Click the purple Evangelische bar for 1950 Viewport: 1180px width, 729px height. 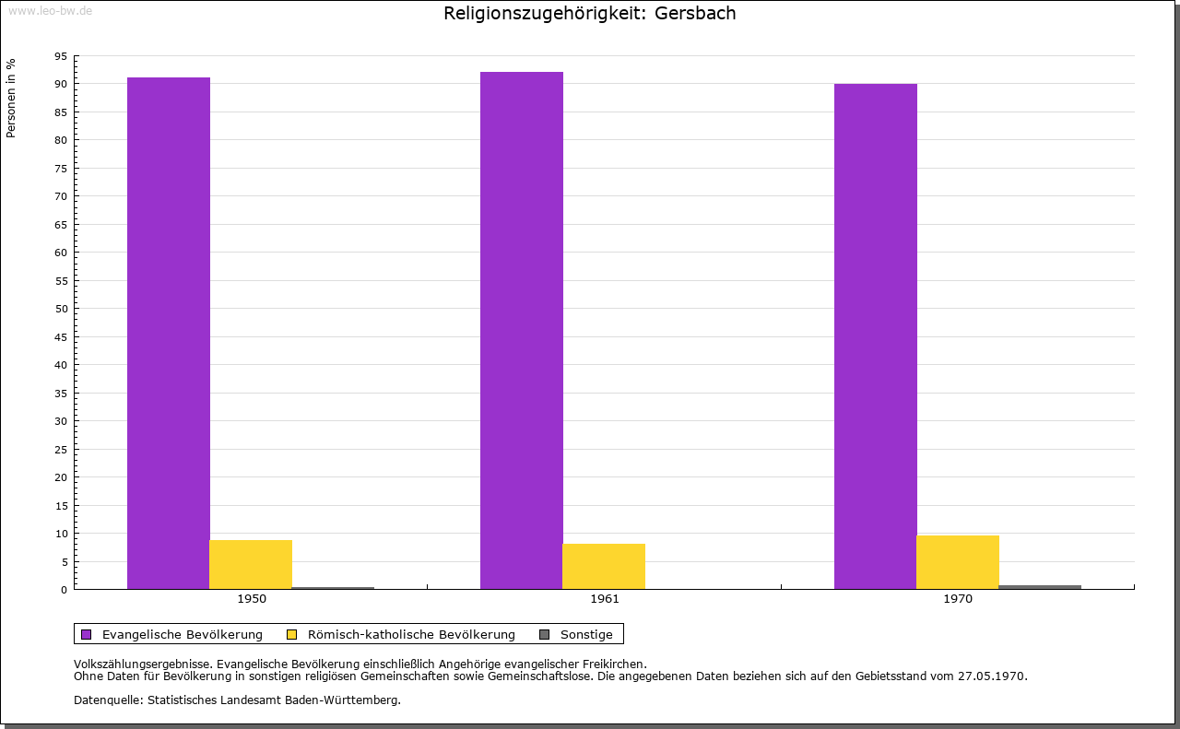(169, 333)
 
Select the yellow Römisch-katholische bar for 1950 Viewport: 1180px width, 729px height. (251, 564)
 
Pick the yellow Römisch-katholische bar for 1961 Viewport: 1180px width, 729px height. (604, 566)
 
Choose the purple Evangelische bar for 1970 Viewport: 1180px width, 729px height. (876, 336)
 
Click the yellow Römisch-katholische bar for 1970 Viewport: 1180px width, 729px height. (958, 562)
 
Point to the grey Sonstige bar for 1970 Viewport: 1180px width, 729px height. (1040, 587)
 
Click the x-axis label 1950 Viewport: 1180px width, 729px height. (252, 599)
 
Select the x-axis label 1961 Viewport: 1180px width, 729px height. (605, 599)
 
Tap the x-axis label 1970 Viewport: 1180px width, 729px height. (958, 599)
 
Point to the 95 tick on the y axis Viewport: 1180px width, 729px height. (61, 56)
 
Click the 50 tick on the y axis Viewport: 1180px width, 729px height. (61, 309)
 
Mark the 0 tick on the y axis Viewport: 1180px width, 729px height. (64, 590)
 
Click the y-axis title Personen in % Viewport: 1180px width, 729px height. (11, 98)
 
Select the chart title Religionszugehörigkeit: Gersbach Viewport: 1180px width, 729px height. (590, 14)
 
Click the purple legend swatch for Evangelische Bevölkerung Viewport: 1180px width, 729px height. (87, 634)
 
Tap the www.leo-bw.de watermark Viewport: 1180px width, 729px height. (49, 11)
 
